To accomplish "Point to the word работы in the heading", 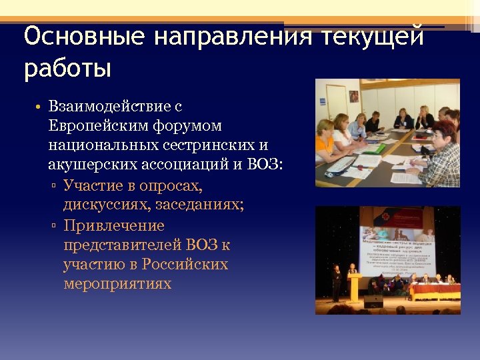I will click(67, 69).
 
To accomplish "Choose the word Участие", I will click(93, 185).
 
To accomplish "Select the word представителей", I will click(123, 245).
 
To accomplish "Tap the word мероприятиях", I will click(117, 284).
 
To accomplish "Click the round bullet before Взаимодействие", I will click(40, 107).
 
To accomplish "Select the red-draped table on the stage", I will click(433, 291).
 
